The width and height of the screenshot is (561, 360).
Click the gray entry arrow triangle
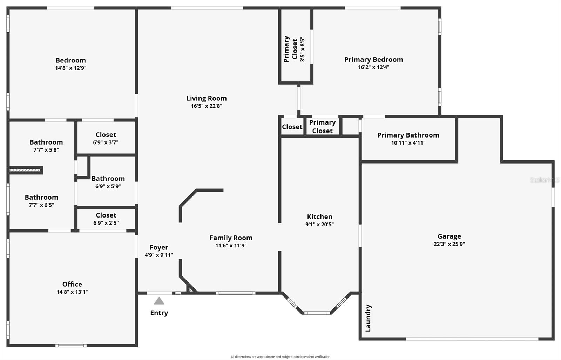159,301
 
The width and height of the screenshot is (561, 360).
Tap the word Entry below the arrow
159,313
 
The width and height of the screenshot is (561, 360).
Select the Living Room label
207,98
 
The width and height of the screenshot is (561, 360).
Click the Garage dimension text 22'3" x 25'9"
449,244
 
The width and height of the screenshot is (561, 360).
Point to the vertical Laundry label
368,318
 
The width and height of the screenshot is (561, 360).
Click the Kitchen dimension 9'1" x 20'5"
319,224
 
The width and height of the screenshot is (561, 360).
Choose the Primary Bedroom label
374,60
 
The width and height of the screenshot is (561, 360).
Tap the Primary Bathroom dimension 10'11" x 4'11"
408,143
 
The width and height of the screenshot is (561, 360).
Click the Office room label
72,284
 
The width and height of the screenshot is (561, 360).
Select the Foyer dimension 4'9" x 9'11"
159,255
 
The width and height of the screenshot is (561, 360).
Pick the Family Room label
231,238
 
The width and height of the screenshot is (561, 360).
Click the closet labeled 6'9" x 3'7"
106,142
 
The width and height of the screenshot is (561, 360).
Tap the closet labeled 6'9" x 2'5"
106,223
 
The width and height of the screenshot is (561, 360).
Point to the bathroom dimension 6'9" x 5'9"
108,186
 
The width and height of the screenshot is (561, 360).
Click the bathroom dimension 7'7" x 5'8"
46,150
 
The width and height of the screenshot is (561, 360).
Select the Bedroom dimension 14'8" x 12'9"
70,68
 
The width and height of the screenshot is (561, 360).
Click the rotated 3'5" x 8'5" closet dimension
303,49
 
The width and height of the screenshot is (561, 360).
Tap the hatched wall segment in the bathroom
25,170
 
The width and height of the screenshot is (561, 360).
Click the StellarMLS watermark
545,180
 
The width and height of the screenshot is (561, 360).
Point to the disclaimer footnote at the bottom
280,357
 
